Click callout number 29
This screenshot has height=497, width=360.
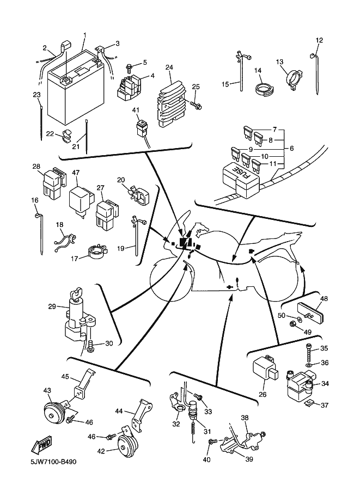coord(52,307)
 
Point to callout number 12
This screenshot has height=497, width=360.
coord(319,40)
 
